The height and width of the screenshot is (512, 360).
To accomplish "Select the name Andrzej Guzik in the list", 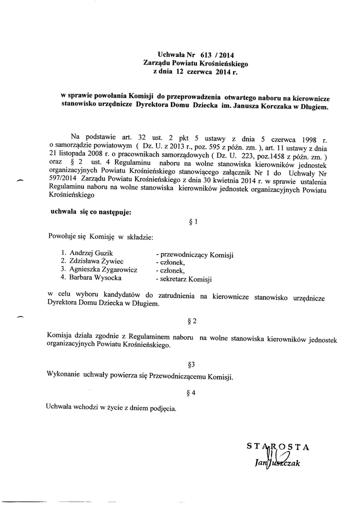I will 91,253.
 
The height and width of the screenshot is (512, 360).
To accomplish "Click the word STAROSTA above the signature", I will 278,446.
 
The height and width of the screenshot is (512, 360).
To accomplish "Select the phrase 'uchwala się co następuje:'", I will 90,211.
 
